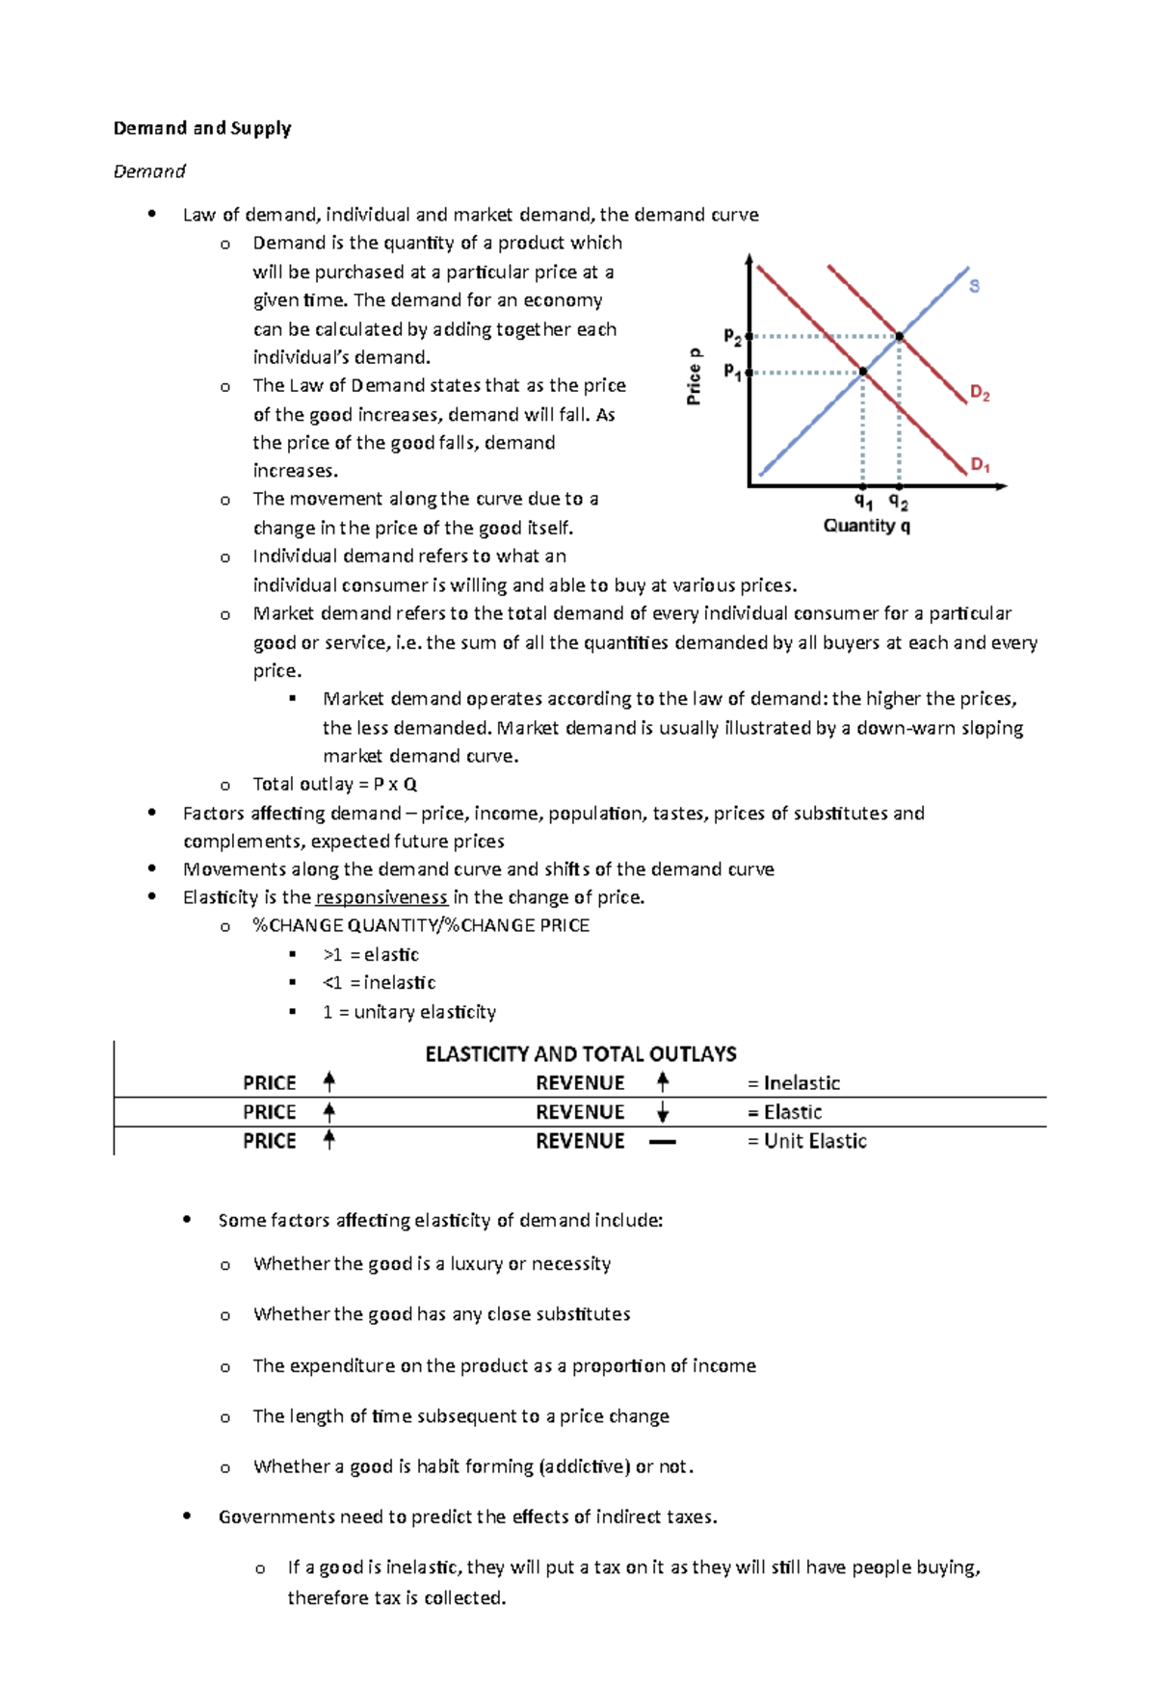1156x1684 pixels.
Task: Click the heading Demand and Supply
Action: [202, 128]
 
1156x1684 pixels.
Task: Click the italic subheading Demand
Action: [149, 171]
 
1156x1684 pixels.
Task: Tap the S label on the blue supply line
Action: [974, 286]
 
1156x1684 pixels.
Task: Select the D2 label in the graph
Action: [980, 393]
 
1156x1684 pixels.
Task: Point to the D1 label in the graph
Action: [980, 465]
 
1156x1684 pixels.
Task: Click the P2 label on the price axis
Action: [732, 337]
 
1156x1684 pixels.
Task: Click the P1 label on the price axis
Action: [732, 372]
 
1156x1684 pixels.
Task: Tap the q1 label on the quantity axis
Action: [863, 502]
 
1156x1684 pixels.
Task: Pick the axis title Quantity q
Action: [866, 526]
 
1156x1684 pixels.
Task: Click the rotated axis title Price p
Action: [694, 376]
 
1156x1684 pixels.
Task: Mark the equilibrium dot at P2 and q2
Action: [899, 337]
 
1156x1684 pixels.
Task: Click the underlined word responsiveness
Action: [381, 897]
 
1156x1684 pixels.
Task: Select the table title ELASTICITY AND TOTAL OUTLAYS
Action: [580, 1053]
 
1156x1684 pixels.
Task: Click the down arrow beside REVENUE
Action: [663, 1112]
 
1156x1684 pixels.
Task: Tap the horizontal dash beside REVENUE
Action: [663, 1142]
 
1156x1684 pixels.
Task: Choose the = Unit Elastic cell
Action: [807, 1141]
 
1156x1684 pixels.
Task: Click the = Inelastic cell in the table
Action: [794, 1083]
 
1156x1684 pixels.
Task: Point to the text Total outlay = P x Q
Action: [334, 784]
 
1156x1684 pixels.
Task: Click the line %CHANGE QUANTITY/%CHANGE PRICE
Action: [421, 925]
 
